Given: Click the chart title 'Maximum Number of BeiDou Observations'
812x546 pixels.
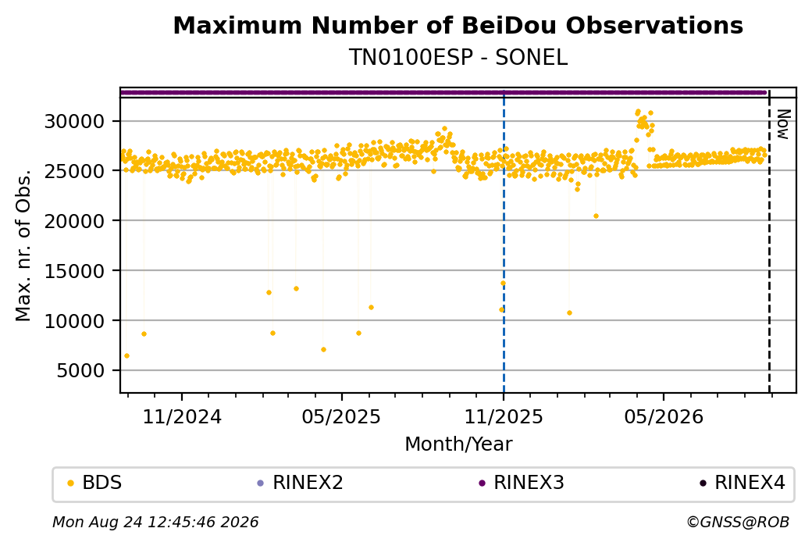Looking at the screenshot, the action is pyautogui.click(x=458, y=25).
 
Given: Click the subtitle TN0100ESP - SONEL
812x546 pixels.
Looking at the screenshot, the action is pyautogui.click(x=458, y=57).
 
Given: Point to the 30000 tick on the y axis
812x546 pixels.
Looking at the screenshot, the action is pyautogui.click(x=75, y=122).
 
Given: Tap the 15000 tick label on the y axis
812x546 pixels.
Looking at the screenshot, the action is pyautogui.click(x=75, y=271).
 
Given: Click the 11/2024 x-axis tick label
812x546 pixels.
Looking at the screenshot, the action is pyautogui.click(x=182, y=417).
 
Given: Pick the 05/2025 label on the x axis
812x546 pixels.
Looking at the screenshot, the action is pyautogui.click(x=341, y=417).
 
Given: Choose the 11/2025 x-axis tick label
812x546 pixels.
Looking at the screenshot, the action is pyautogui.click(x=504, y=417).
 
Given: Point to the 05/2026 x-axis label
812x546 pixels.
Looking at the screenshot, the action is pyautogui.click(x=664, y=417).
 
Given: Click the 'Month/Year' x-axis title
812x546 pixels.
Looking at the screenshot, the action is pyautogui.click(x=458, y=444).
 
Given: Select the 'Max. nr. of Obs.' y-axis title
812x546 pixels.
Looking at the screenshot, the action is pyautogui.click(x=23, y=245).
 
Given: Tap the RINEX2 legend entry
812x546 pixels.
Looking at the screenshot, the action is pyautogui.click(x=301, y=483).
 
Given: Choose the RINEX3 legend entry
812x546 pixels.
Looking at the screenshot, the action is pyautogui.click(x=522, y=483).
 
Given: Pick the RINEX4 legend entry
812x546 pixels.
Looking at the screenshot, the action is pyautogui.click(x=743, y=483).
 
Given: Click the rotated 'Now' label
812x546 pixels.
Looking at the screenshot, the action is pyautogui.click(x=783, y=124).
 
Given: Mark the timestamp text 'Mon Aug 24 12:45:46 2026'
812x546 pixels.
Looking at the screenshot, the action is pyautogui.click(x=155, y=522).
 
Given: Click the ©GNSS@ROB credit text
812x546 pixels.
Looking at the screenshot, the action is pyautogui.click(x=738, y=522).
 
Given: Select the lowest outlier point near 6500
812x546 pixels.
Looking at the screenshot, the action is pyautogui.click(x=126, y=356).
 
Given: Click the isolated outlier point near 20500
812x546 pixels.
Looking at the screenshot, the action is pyautogui.click(x=596, y=216).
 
